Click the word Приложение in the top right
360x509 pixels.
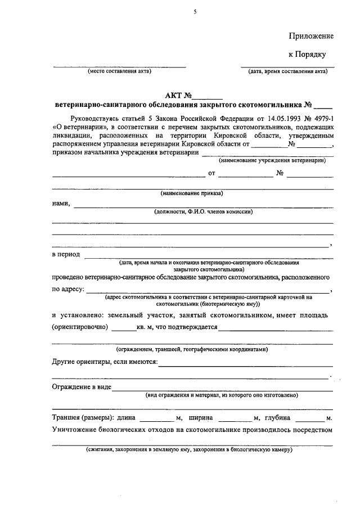pos(311,35)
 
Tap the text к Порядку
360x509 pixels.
pos(307,55)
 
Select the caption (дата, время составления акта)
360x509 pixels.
pos(287,72)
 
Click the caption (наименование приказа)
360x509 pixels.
pos(192,193)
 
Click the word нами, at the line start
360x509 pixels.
pos(61,204)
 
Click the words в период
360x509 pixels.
pos(66,254)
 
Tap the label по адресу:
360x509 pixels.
pos(69,289)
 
